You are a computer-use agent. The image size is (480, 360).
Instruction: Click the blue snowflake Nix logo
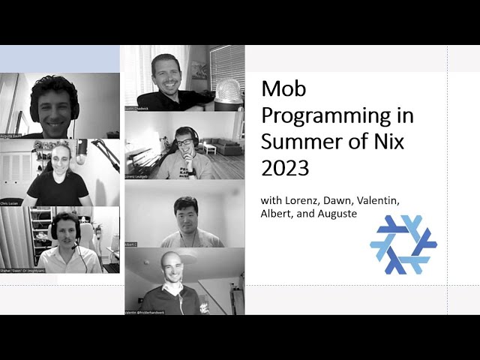pyautogui.click(x=403, y=244)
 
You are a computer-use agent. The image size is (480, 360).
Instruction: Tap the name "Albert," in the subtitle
pyautogui.click(x=279, y=214)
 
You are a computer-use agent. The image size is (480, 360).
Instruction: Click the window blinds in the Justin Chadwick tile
pyautogui.click(x=226, y=67)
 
